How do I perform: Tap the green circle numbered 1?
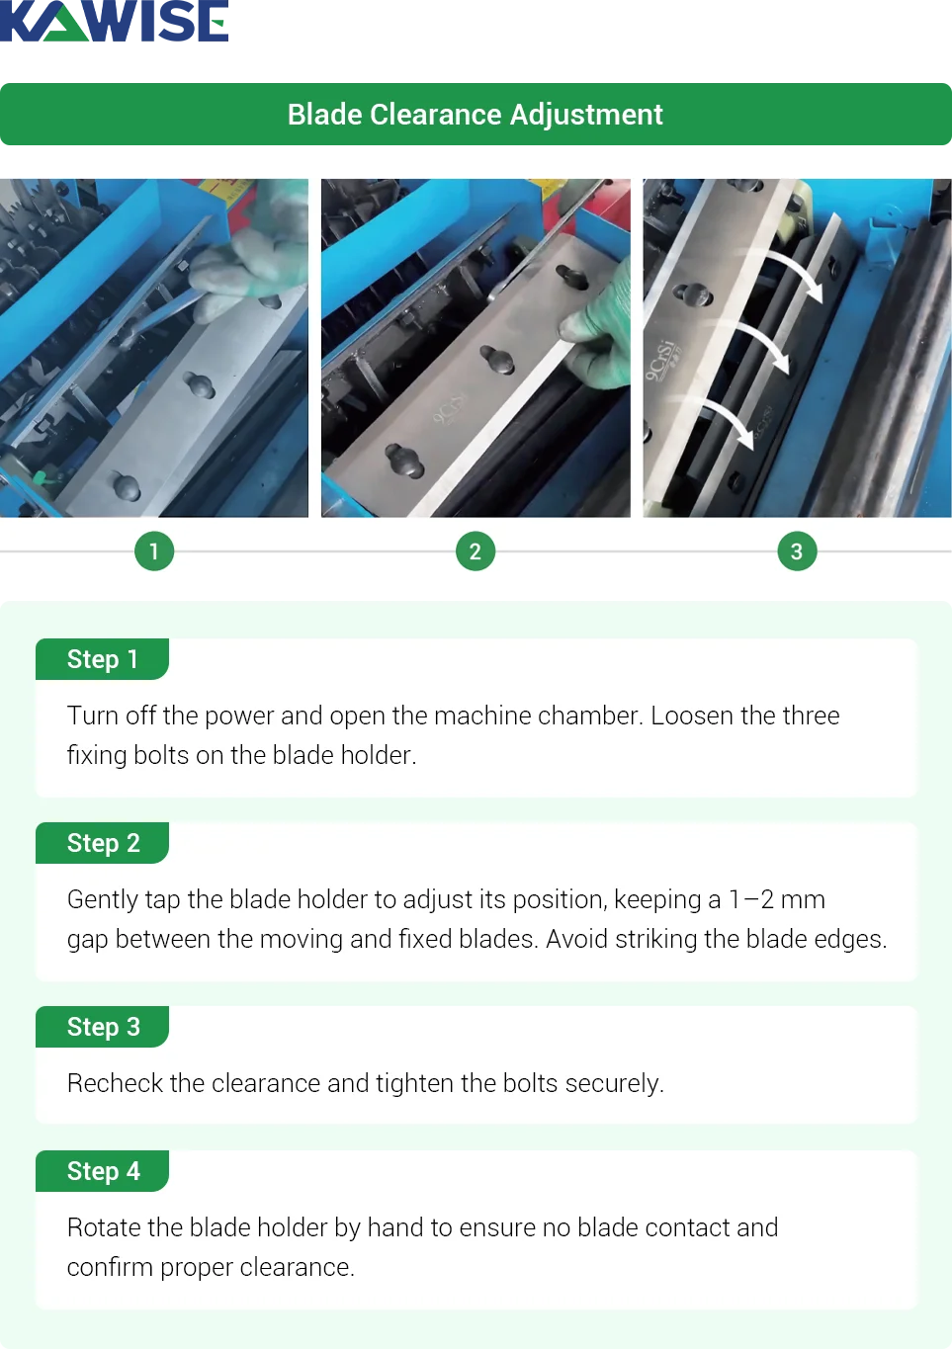click(153, 551)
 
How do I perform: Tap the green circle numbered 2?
click(476, 551)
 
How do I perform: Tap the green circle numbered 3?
click(797, 551)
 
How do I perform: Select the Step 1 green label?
click(103, 659)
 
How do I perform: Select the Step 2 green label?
click(103, 843)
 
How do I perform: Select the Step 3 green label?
click(103, 1027)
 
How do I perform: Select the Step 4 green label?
click(103, 1171)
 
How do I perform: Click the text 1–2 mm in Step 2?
click(776, 899)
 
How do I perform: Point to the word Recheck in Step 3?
click(115, 1083)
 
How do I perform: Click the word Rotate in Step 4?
click(103, 1227)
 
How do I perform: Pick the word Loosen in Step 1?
click(691, 716)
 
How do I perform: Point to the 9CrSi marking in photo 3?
click(660, 361)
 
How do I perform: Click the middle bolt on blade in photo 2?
click(498, 359)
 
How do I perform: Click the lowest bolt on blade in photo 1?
click(126, 486)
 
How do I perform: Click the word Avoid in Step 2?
click(576, 939)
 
